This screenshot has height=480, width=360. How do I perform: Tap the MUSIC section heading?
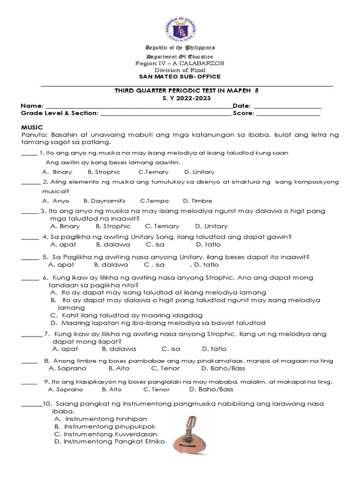(32, 127)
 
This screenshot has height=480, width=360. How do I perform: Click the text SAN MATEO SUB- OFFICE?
(180, 77)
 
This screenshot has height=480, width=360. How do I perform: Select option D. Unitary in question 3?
(211, 226)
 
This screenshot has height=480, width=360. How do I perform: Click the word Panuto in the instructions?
(33, 135)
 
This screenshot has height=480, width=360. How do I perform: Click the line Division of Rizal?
(180, 70)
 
